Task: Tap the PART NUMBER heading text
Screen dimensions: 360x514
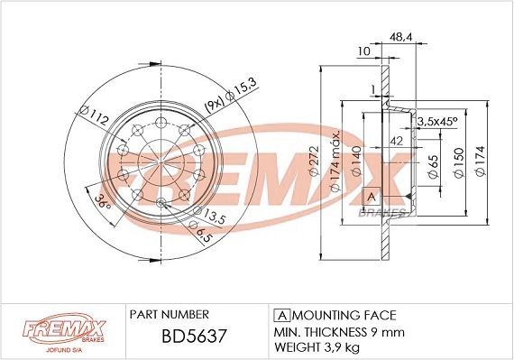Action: (x=170, y=314)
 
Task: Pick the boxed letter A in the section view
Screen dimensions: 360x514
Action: (x=370, y=196)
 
